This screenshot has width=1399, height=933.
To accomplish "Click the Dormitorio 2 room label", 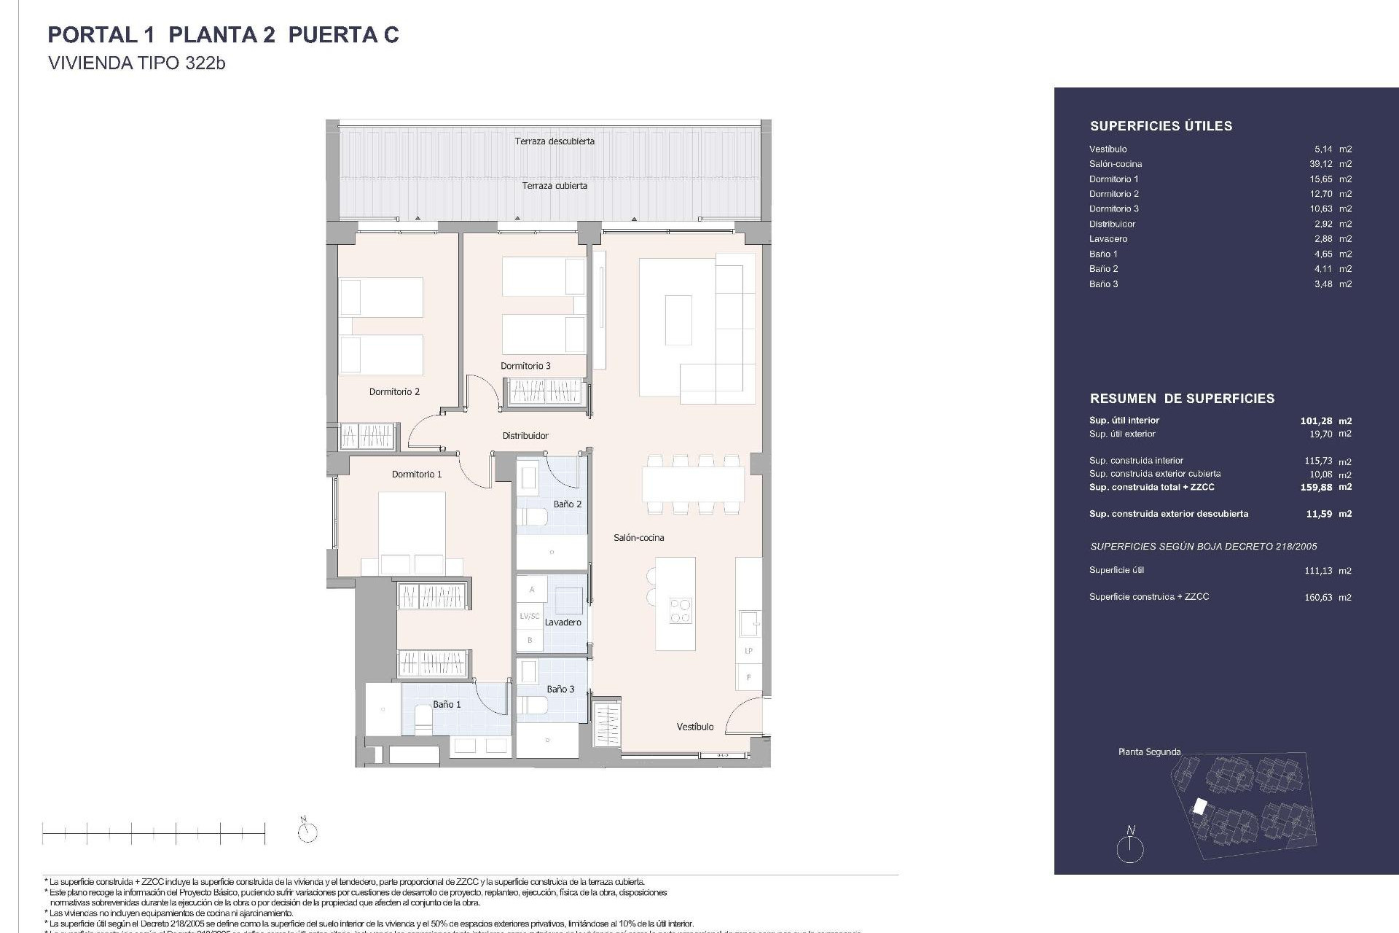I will (394, 392).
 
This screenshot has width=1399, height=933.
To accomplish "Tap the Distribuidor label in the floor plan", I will (525, 436).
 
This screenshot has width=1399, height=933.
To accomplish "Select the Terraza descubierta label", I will (554, 141).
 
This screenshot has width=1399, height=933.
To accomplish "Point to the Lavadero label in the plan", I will (563, 622).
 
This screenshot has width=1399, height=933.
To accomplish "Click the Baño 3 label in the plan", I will (560, 690).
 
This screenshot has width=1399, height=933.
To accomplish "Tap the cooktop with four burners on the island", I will (681, 611).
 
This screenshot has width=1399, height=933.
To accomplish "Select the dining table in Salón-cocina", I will (692, 484).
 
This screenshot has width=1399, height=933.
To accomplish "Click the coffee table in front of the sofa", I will (678, 319).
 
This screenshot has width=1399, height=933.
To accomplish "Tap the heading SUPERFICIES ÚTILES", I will (1161, 126).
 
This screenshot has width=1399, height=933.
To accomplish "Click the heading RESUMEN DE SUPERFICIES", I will (1182, 399).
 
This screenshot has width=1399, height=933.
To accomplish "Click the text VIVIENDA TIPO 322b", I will (136, 63).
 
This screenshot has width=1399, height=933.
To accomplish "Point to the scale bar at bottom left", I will (154, 832).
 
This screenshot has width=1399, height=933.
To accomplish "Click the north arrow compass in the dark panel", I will (1130, 847).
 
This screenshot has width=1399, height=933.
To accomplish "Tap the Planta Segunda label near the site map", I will (1149, 752).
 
